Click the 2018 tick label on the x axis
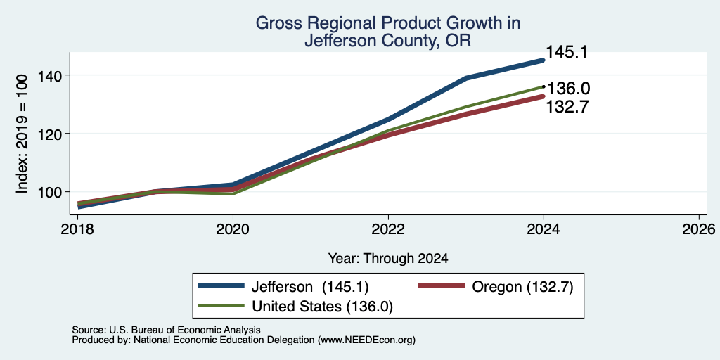tap(77, 229)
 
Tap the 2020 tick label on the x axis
tap(233, 229)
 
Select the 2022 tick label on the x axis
tap(388, 229)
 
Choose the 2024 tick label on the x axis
tap(544, 229)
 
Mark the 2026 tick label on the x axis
tap(700, 229)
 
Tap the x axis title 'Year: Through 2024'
tap(388, 259)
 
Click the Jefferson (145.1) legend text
tap(309, 287)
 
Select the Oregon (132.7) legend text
tap(522, 287)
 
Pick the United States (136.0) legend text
tap(322, 307)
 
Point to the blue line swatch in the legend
tap(221, 286)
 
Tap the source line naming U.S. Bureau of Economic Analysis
tap(166, 330)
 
